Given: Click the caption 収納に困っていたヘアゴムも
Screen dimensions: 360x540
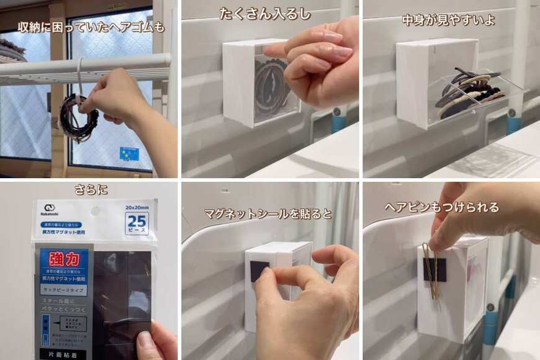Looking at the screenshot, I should tap(91, 27).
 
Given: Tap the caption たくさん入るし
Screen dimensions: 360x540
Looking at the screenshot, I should tap(265, 14).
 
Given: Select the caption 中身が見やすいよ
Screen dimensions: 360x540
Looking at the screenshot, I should tap(449, 20).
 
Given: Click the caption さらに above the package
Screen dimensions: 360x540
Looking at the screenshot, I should tap(91, 189).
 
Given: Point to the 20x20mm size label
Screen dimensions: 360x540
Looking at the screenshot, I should tap(136, 207).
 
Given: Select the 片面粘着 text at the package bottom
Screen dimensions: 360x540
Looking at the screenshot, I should tap(63, 353).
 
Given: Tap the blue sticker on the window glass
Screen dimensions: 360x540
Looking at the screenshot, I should tap(129, 153).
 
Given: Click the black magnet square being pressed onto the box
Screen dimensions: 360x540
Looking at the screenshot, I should tap(259, 270).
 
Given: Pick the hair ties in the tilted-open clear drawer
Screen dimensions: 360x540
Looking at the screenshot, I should tap(469, 92).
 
